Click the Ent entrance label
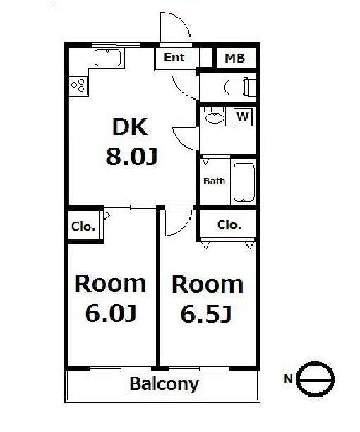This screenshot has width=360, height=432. coord(174,58)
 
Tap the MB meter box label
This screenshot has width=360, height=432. coord(234,59)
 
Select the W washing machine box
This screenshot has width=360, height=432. coord(242,116)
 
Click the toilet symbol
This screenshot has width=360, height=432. coord(237,87)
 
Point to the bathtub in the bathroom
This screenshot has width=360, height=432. coord(243,181)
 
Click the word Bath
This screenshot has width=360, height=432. coord(214,181)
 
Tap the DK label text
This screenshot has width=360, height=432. coord(129,128)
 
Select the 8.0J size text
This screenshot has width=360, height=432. coord(131,156)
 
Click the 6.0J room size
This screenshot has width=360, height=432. coord(110,313)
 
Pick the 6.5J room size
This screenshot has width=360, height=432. coord(207,313)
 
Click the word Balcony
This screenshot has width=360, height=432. coord(164,385)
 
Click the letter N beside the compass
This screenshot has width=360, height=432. coord(287,379)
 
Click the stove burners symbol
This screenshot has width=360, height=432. coord(78,86)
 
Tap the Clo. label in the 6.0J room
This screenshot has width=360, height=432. coord(83,227)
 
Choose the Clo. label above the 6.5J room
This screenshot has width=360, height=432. coord(229,225)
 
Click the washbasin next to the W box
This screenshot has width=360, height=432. coord(213,118)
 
